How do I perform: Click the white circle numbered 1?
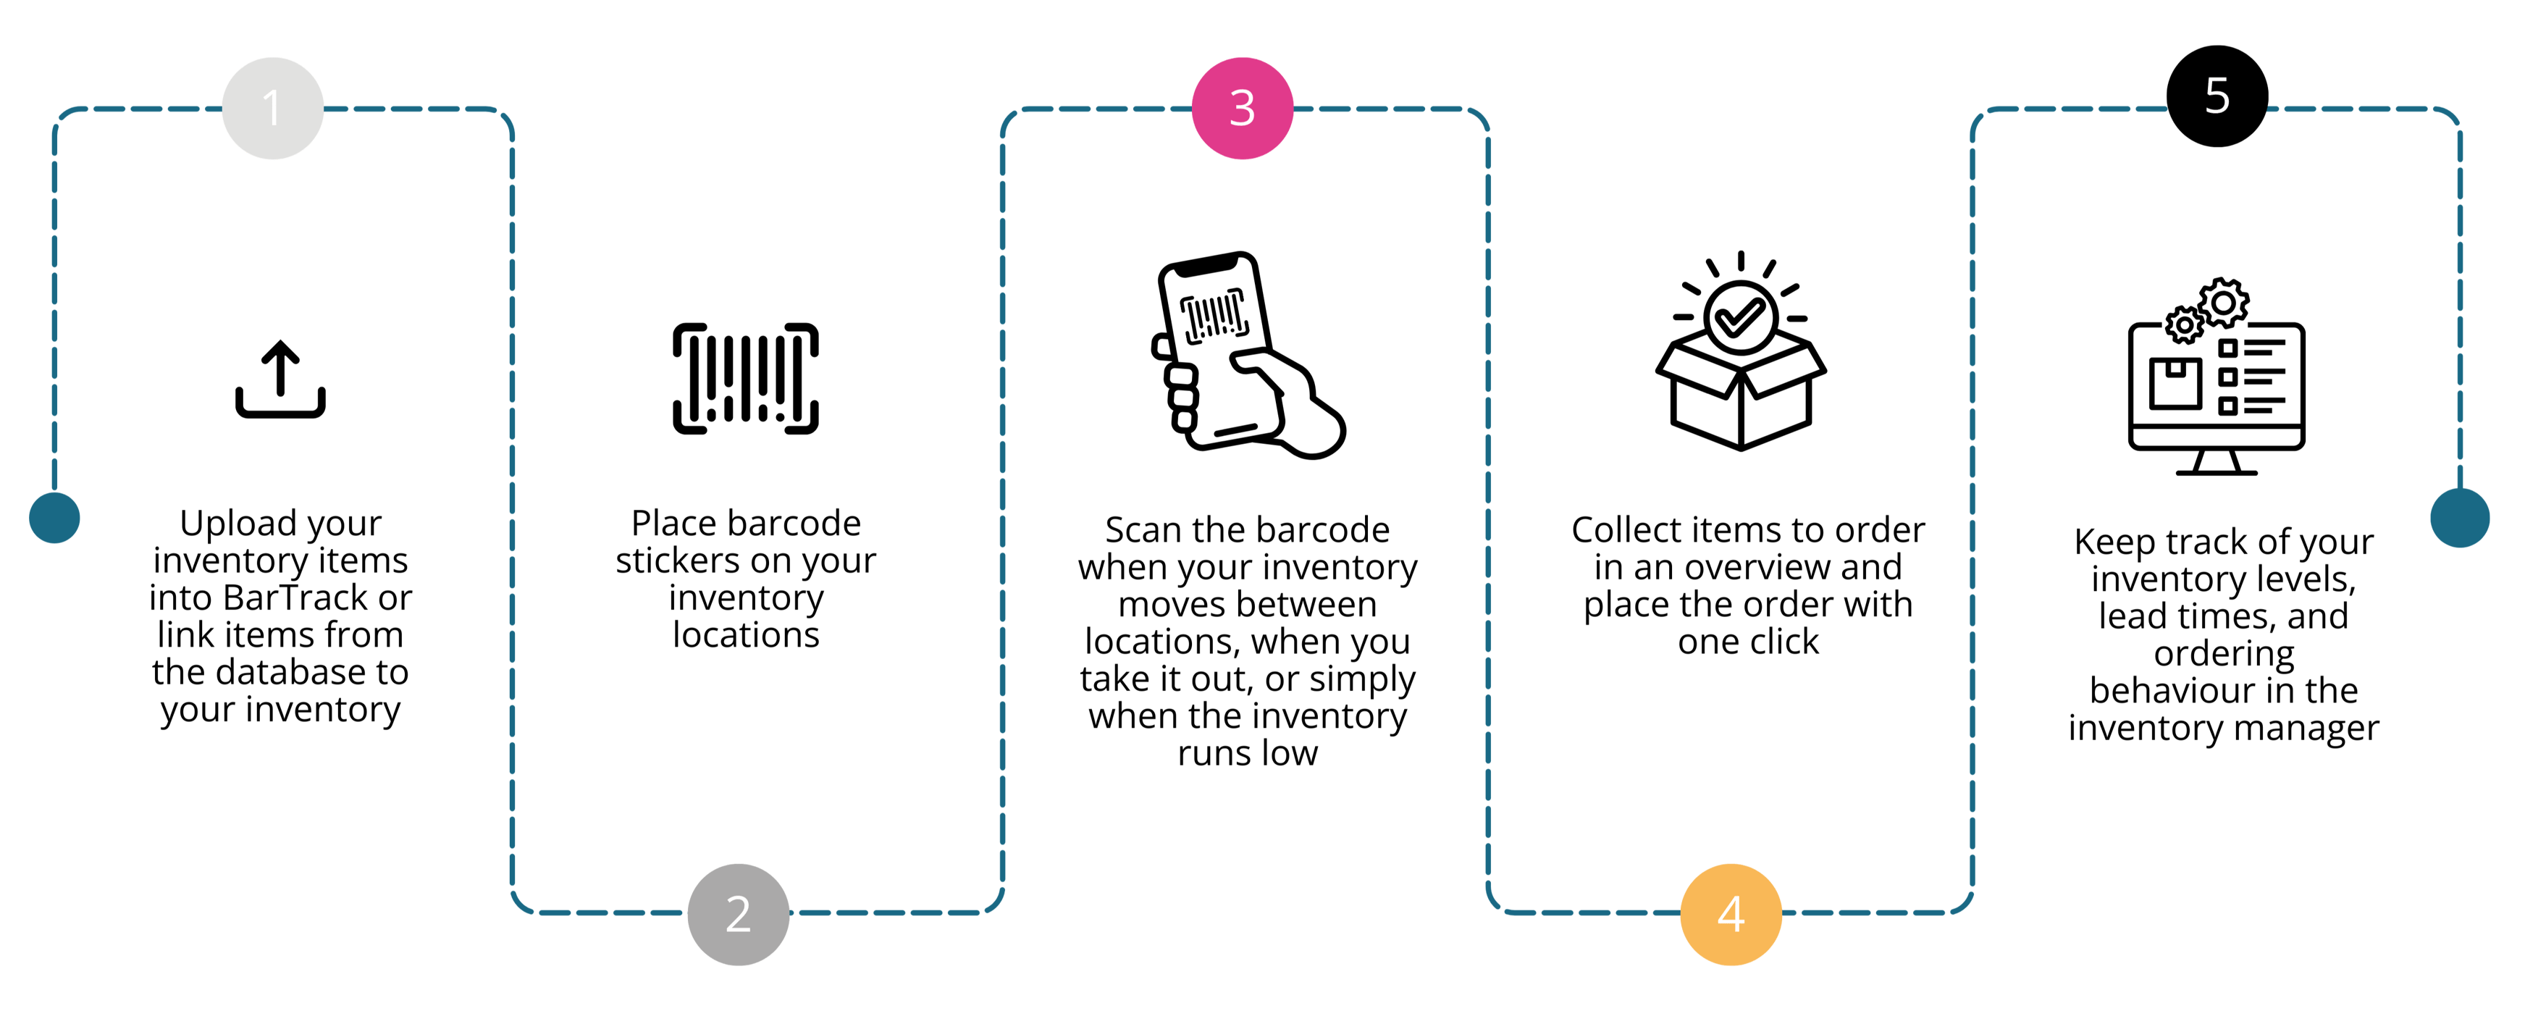pos(272,108)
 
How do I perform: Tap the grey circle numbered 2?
pos(738,913)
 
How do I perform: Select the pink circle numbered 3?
pos(1242,108)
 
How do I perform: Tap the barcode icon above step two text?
pos(745,378)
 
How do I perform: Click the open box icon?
pos(1741,392)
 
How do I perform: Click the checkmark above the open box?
pos(1740,316)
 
